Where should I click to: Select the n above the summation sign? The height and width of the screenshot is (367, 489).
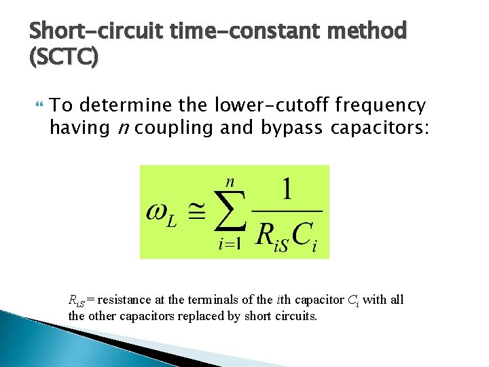(230, 181)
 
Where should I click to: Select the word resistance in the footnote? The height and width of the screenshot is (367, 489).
(122, 300)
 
